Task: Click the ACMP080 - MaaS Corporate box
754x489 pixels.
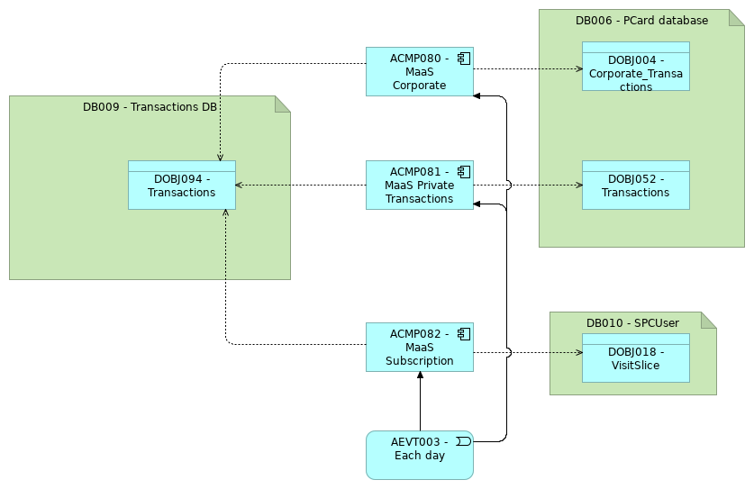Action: pyautogui.click(x=419, y=72)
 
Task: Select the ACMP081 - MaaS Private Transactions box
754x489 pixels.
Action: pyautogui.click(x=419, y=186)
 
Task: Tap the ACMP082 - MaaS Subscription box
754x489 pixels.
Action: pyautogui.click(x=419, y=348)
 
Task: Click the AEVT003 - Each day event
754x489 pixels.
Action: pyautogui.click(x=419, y=455)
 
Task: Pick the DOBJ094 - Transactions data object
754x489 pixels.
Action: pyautogui.click(x=181, y=186)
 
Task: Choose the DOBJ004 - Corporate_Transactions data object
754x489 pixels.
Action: pyautogui.click(x=635, y=67)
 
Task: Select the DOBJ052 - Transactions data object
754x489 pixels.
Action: pyautogui.click(x=635, y=186)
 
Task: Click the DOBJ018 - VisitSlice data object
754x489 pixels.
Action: pyautogui.click(x=635, y=358)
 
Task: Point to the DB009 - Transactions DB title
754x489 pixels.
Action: pyautogui.click(x=150, y=106)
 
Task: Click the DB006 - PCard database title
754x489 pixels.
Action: pyautogui.click(x=641, y=20)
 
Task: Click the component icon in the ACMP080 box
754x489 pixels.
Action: pyautogui.click(x=463, y=59)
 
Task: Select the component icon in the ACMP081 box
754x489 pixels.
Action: pyautogui.click(x=463, y=172)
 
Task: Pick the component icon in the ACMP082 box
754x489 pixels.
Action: pyautogui.click(x=463, y=334)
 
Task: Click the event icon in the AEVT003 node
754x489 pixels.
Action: pyautogui.click(x=463, y=441)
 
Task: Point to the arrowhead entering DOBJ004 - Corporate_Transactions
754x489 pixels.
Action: pyautogui.click(x=578, y=68)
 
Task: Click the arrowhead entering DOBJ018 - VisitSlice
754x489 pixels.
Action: pyautogui.click(x=578, y=352)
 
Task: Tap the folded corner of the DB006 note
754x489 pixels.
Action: pyautogui.click(x=737, y=17)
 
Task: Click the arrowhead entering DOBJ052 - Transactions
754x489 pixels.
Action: pyautogui.click(x=578, y=186)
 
